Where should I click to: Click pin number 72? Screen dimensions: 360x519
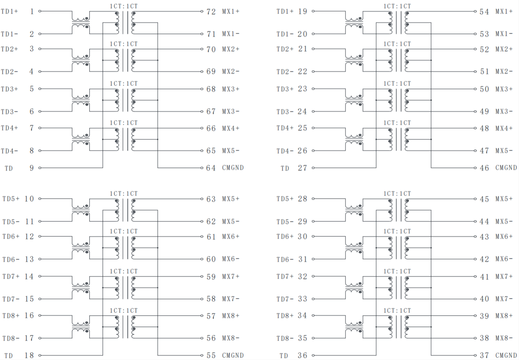click(x=211, y=12)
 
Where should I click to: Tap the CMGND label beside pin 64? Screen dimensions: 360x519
click(x=233, y=168)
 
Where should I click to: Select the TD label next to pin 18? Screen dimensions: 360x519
click(x=8, y=356)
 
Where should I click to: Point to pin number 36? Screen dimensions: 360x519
click(x=302, y=355)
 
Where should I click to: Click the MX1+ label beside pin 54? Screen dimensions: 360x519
click(x=504, y=12)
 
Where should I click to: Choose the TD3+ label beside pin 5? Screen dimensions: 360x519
click(x=10, y=89)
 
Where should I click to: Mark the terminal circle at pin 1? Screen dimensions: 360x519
click(x=40, y=11)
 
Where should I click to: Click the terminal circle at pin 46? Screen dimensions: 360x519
click(x=476, y=168)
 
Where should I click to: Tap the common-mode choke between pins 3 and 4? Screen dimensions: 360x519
click(x=81, y=60)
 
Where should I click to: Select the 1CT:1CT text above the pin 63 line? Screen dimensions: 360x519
click(x=123, y=193)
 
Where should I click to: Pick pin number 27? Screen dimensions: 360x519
click(x=302, y=168)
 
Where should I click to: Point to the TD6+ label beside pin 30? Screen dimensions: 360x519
click(x=285, y=236)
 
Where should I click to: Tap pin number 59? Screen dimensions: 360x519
click(x=211, y=276)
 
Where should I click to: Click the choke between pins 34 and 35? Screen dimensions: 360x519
click(x=354, y=327)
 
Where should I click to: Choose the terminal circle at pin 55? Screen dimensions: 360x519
click(x=202, y=355)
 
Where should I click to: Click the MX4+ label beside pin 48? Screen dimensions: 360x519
click(x=504, y=128)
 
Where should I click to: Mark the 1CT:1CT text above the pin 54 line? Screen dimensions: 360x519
click(x=397, y=6)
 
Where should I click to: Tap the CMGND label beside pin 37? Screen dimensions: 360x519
click(x=506, y=355)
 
